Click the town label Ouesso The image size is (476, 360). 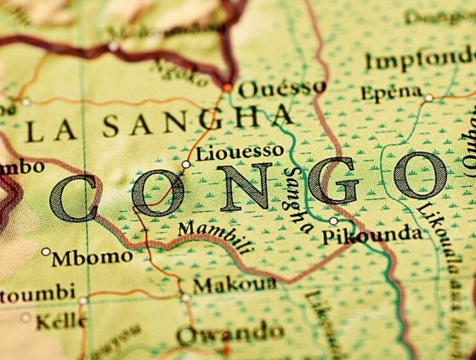[x=282, y=89]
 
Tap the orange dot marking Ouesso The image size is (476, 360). [x=227, y=87]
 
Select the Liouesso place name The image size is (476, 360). [x=239, y=153]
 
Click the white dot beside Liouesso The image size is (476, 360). [x=186, y=165]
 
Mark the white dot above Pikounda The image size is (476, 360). [x=333, y=221]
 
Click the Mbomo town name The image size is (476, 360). [x=92, y=258]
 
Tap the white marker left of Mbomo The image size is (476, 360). [x=46, y=251]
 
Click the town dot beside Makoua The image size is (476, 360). [x=186, y=298]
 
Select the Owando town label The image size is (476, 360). [x=230, y=334]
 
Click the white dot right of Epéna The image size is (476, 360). [x=428, y=98]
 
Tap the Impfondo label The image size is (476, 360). [x=419, y=60]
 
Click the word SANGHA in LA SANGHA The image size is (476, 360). [x=198, y=122]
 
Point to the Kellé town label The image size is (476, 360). [x=61, y=319]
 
